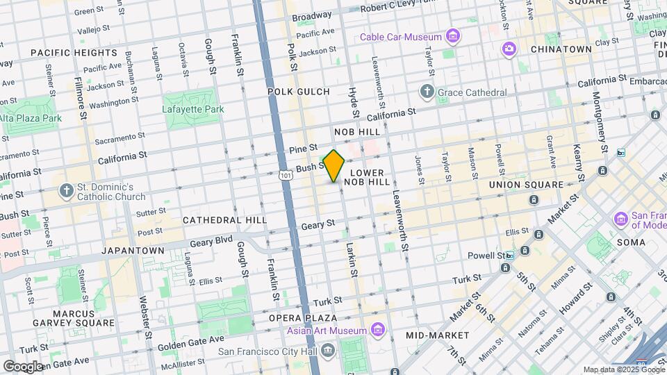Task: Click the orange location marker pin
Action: point(333,166)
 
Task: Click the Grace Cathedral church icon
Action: point(427,92)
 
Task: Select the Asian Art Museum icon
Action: point(378,329)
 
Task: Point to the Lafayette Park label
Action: point(193,109)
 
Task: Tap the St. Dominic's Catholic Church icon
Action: point(66,192)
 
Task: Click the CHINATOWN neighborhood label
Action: point(561,49)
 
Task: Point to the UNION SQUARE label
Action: point(526,185)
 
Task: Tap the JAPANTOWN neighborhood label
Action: point(133,250)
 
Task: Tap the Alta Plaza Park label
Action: point(31,118)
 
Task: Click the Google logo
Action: point(22,366)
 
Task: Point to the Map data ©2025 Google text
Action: point(623,369)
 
